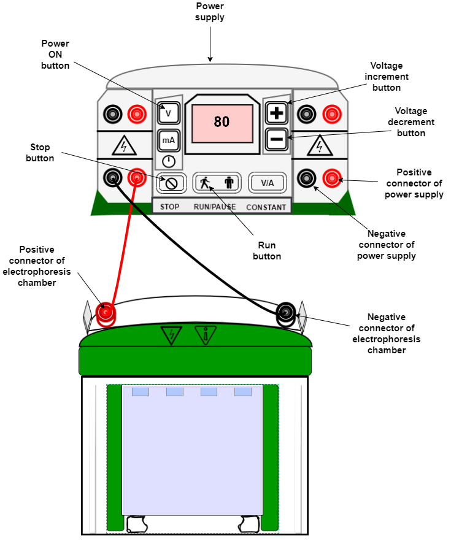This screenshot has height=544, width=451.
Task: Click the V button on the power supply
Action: [x=169, y=113]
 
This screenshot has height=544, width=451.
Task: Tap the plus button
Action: [x=277, y=113]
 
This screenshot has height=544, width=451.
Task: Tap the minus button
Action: [x=277, y=140]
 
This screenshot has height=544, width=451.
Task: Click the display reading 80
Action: [x=222, y=123]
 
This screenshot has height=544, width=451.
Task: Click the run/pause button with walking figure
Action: [x=215, y=182]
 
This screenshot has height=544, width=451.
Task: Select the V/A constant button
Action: [x=268, y=182]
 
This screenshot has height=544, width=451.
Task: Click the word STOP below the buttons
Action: [x=170, y=207]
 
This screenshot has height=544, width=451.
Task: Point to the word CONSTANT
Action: [x=266, y=207]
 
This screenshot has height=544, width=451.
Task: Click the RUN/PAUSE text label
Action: [x=215, y=207]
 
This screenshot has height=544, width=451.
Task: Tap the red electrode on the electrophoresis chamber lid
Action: [x=106, y=313]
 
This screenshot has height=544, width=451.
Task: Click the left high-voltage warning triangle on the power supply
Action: [x=125, y=146]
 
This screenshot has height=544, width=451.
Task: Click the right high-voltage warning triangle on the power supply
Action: [x=319, y=146]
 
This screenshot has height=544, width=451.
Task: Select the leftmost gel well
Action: [x=141, y=391]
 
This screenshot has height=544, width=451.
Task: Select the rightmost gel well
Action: [x=243, y=391]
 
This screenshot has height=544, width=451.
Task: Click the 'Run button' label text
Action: [x=267, y=251]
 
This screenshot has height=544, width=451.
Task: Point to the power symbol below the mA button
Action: [x=169, y=162]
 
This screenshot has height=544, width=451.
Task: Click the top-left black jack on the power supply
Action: [x=112, y=114]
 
